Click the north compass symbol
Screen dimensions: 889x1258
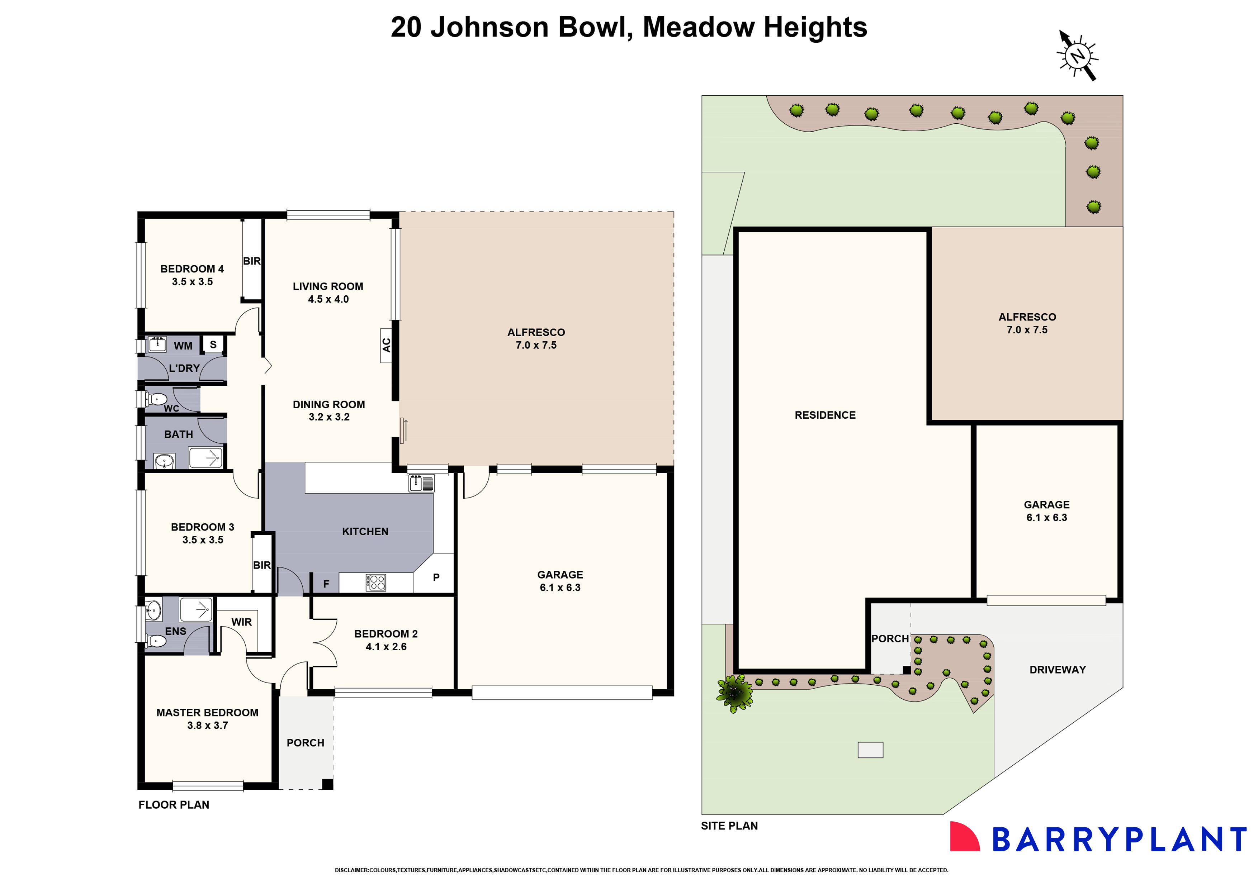point(1077,55)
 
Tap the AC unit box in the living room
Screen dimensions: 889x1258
point(386,345)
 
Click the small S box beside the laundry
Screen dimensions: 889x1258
point(213,344)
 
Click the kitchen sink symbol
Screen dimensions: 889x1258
point(422,484)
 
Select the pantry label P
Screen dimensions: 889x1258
point(436,577)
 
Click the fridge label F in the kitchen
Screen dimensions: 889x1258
point(326,584)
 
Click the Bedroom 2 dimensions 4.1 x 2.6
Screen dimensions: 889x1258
point(386,647)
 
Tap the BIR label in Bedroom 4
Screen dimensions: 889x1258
point(251,261)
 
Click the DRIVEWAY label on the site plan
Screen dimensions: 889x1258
point(1057,670)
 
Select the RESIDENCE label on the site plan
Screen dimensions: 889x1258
point(824,415)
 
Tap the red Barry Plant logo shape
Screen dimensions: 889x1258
point(964,836)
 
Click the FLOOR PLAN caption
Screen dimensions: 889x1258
point(174,805)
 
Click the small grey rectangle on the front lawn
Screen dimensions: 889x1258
point(870,750)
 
